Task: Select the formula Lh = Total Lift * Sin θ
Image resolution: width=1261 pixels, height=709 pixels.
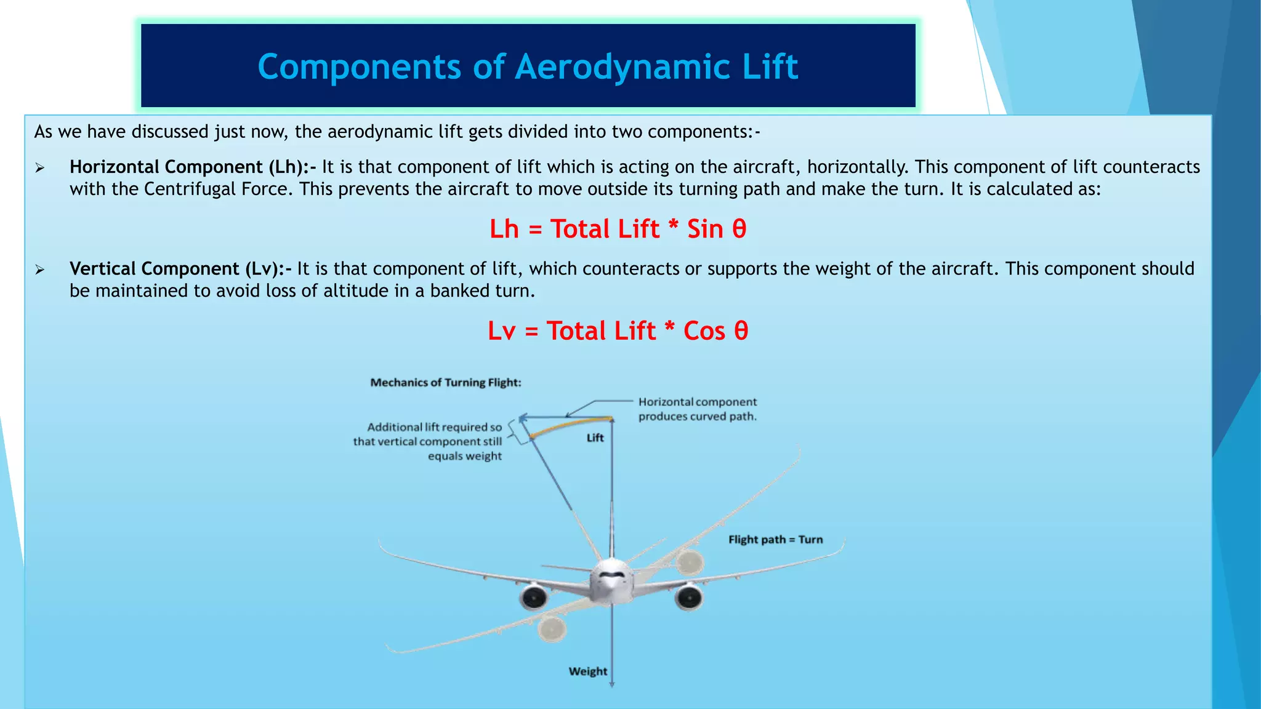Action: tap(618, 229)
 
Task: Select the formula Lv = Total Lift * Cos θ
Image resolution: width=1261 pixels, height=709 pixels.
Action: tap(618, 331)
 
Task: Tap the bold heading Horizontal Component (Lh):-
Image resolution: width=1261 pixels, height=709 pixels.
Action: tap(193, 167)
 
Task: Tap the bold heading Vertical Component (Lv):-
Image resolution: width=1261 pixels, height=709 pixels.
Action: tap(180, 269)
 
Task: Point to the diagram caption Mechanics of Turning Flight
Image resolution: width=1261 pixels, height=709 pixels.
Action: tap(446, 382)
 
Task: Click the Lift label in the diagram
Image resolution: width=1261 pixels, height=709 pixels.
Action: tap(595, 438)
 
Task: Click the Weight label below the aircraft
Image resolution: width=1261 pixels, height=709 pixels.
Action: tap(587, 671)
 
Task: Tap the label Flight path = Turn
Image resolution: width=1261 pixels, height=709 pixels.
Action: tap(775, 540)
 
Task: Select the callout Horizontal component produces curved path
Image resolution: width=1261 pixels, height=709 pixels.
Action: tap(697, 409)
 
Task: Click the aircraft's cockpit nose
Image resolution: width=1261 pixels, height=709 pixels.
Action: tap(611, 579)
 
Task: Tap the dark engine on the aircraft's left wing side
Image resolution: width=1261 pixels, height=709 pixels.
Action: tap(533, 598)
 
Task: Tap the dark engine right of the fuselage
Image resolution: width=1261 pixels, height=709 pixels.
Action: tap(688, 597)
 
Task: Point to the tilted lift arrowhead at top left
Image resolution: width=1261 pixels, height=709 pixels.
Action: tap(522, 419)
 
